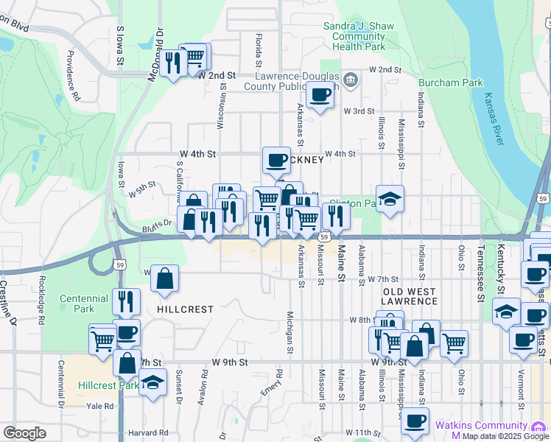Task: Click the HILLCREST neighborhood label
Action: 185,310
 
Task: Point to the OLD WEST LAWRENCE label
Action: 410,296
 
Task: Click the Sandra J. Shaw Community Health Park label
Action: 354,36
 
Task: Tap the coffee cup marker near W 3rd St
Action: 320,95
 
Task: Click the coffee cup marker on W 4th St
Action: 277,159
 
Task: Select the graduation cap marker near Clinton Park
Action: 390,197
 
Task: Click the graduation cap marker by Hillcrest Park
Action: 152,382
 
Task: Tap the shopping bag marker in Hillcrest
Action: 166,278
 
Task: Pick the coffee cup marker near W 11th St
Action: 415,420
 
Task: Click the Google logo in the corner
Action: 24,433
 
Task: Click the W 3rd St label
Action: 359,110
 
